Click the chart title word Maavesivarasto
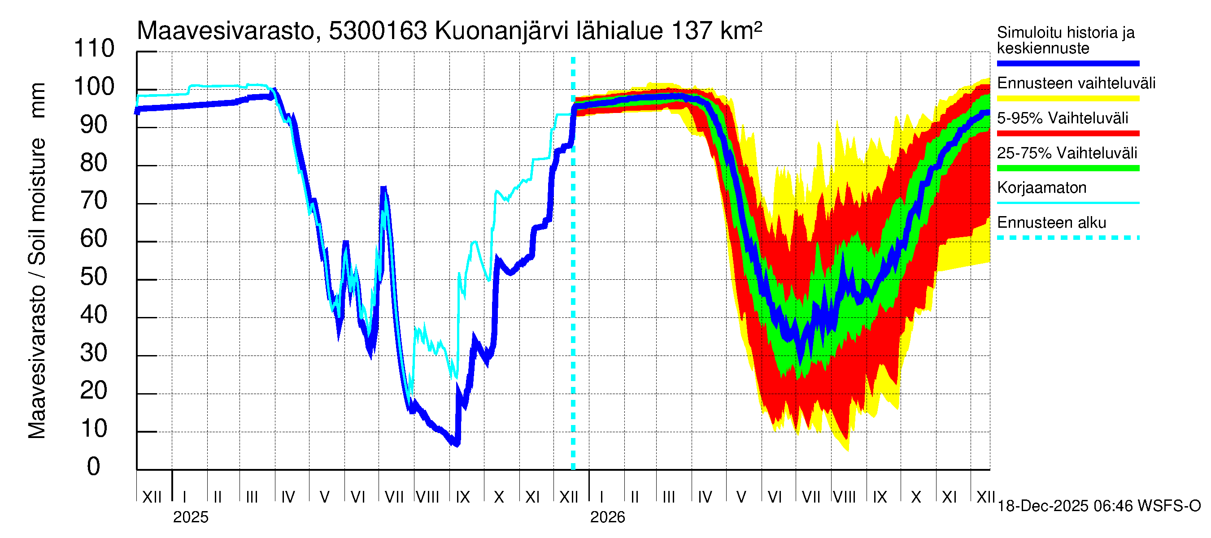(225, 31)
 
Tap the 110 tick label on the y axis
(94, 48)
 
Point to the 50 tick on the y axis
(94, 277)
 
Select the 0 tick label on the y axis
(94, 467)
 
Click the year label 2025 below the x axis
(190, 517)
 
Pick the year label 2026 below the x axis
(607, 517)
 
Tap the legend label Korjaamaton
(1042, 188)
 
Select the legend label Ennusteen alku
(1052, 223)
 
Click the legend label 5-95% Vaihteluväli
(1063, 118)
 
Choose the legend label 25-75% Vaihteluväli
(1067, 153)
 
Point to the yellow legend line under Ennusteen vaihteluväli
(1068, 99)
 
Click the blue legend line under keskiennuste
(1068, 63)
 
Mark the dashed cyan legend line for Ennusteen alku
(1068, 238)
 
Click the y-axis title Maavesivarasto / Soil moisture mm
(37, 261)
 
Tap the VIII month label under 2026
(844, 497)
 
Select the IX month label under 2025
(462, 497)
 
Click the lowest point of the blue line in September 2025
(456, 444)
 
